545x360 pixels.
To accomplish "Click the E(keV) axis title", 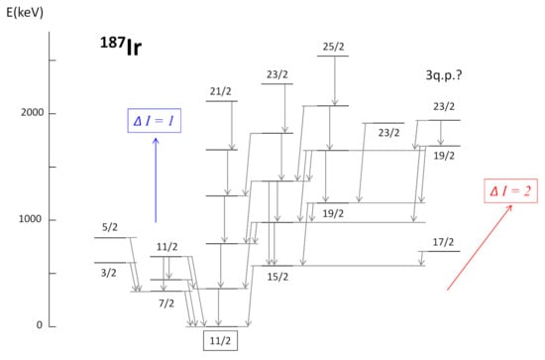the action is coord(25,13).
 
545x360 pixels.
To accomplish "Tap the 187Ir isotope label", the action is coord(121,47).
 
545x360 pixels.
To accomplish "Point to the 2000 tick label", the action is coord(33,113).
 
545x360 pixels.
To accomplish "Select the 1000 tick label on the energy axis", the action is coord(30,219).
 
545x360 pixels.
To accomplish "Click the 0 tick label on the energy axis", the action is coord(40,325).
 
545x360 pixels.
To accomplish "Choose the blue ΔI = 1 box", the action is coord(154,121).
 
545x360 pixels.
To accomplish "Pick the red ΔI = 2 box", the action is coord(510,191).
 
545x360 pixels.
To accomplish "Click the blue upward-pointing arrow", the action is coord(156,180).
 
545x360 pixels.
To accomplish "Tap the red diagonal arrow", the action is coord(480,247).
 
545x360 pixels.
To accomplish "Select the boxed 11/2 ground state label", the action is coord(220,340).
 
